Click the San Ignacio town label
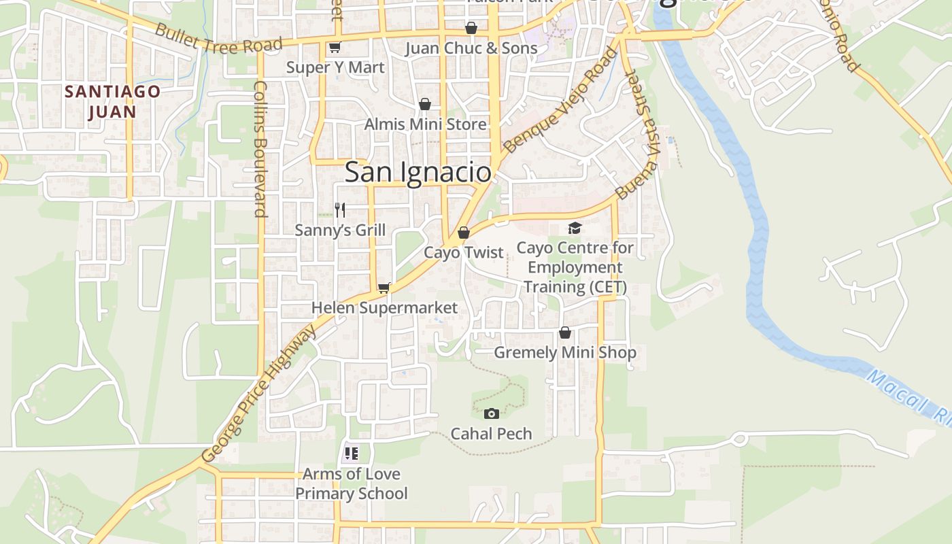pyautogui.click(x=418, y=172)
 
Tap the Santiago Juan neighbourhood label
pyautogui.click(x=112, y=101)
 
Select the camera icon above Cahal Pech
pyautogui.click(x=491, y=413)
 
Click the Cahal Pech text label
pyautogui.click(x=491, y=434)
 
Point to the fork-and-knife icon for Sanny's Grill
pyautogui.click(x=340, y=209)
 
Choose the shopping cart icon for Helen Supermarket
pyautogui.click(x=384, y=288)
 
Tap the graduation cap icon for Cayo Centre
pyautogui.click(x=575, y=228)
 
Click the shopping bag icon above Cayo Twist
pyautogui.click(x=464, y=233)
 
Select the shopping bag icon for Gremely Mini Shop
pyautogui.click(x=564, y=333)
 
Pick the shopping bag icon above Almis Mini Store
pyautogui.click(x=425, y=104)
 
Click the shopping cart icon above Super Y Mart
pyautogui.click(x=334, y=48)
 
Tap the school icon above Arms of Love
pyautogui.click(x=351, y=454)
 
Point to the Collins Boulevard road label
pyautogui.click(x=260, y=148)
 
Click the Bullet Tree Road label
pyautogui.click(x=218, y=38)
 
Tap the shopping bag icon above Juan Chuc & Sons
pyautogui.click(x=471, y=28)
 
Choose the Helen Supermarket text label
pyautogui.click(x=384, y=308)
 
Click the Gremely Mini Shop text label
pyautogui.click(x=564, y=352)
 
